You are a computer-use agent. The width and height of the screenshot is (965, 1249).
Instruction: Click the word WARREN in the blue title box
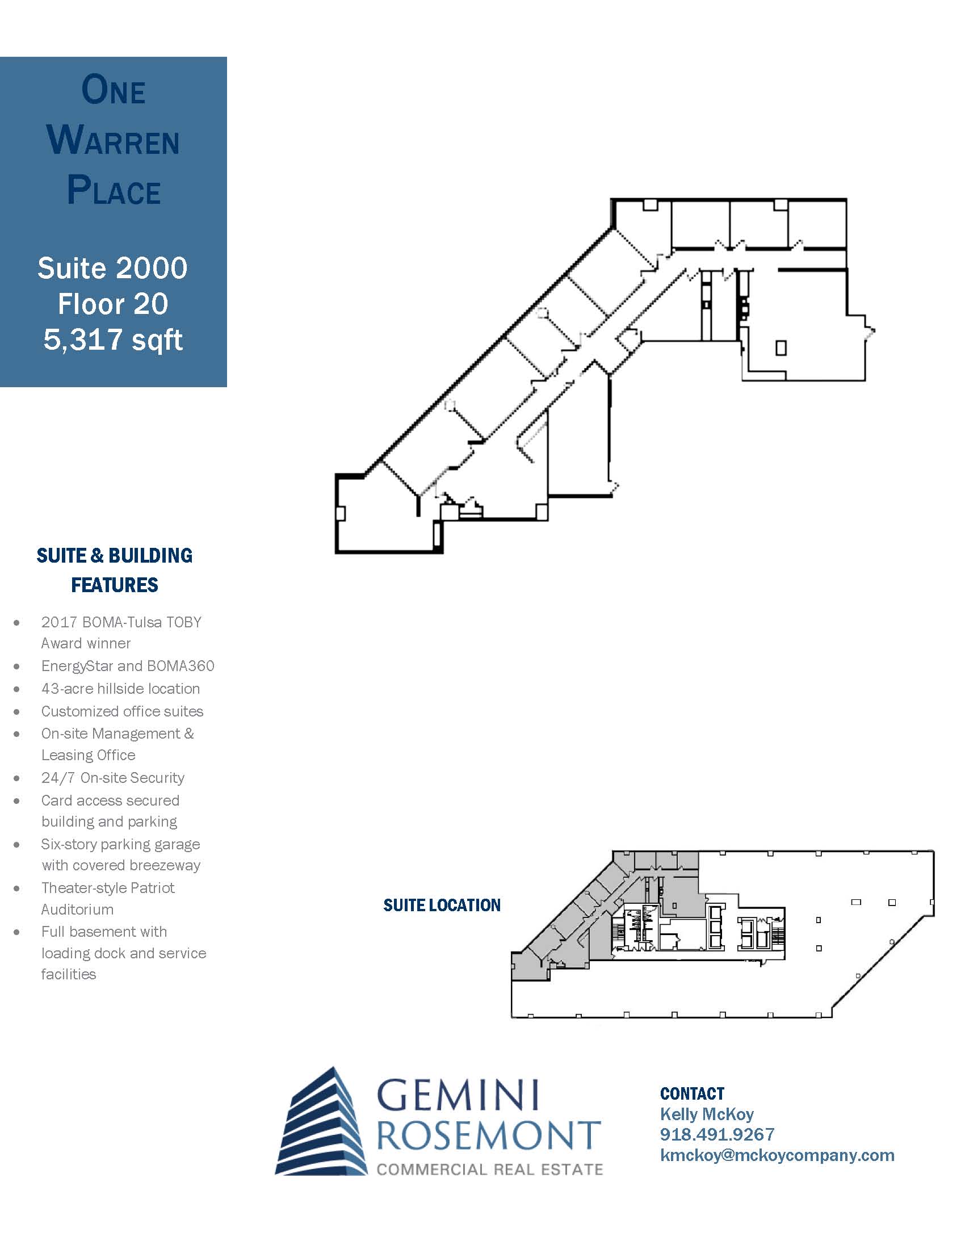pyautogui.click(x=113, y=141)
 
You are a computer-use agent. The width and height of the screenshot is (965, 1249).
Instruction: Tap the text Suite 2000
pyautogui.click(x=112, y=267)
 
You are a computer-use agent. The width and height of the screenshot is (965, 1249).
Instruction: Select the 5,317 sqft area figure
pyautogui.click(x=113, y=340)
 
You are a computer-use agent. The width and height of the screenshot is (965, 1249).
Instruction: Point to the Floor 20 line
pyautogui.click(x=113, y=304)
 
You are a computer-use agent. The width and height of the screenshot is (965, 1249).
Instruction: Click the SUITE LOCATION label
pyautogui.click(x=442, y=905)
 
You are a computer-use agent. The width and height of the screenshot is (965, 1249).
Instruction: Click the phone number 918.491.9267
pyautogui.click(x=717, y=1134)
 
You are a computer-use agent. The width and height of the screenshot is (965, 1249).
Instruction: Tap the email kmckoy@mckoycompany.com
pyautogui.click(x=778, y=1155)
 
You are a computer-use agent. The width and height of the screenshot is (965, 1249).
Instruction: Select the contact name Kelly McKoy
pyautogui.click(x=707, y=1114)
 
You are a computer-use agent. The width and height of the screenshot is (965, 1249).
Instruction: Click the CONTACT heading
pyautogui.click(x=693, y=1093)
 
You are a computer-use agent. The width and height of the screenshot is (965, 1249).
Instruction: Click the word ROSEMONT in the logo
pyautogui.click(x=489, y=1135)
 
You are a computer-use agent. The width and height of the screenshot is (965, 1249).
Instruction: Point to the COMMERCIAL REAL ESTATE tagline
pyautogui.click(x=490, y=1169)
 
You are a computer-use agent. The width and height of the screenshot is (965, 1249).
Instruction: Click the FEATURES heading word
pyautogui.click(x=114, y=584)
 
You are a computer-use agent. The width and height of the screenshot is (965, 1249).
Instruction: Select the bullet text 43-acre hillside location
pyautogui.click(x=120, y=688)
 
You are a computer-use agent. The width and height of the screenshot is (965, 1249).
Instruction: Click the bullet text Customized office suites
pyautogui.click(x=123, y=711)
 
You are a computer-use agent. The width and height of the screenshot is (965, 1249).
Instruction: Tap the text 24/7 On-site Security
pyautogui.click(x=112, y=777)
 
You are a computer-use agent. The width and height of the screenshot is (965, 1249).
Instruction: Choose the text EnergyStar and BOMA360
pyautogui.click(x=128, y=666)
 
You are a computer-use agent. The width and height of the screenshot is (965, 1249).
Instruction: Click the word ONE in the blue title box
pyautogui.click(x=113, y=90)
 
